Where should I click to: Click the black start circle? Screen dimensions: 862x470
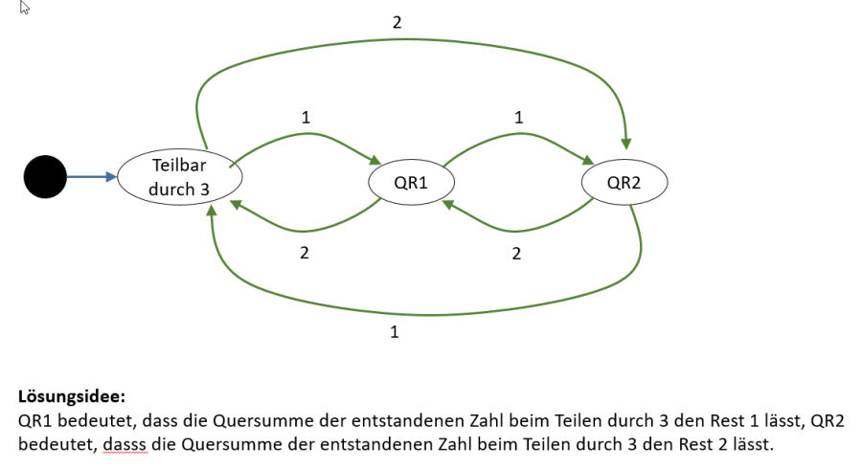tap(45, 176)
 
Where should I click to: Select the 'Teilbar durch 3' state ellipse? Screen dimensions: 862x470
tap(180, 177)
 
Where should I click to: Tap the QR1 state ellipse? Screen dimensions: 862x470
tap(411, 182)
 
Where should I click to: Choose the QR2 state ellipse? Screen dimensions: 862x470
tap(624, 182)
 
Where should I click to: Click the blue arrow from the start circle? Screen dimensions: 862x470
tap(92, 176)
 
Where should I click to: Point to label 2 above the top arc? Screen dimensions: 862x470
tap(397, 23)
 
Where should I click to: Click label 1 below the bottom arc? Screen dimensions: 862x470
tap(395, 332)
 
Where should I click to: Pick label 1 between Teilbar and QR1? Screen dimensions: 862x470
tap(306, 118)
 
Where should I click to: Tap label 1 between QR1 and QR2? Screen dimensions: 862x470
tap(518, 118)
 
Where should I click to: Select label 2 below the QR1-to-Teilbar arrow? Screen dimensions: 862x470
tap(304, 253)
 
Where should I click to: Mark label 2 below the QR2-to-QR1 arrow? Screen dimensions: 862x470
tap(516, 254)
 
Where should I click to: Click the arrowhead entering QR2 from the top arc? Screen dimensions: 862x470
tap(626, 144)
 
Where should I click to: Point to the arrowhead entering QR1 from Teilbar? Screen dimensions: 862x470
tap(375, 160)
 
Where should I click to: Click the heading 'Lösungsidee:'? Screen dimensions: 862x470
tap(72, 396)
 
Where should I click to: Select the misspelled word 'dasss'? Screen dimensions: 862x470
tap(125, 444)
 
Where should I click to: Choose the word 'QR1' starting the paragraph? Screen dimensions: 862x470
tap(35, 420)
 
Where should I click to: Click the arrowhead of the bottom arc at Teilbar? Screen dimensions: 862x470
tap(212, 210)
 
